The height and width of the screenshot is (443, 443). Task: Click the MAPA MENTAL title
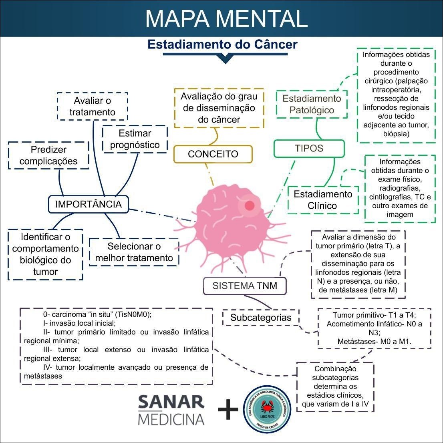coord(226,18)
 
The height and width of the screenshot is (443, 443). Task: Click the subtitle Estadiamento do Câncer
coord(222,44)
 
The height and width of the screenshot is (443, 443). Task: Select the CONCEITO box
coord(213,154)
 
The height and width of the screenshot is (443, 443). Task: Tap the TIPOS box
coord(309,148)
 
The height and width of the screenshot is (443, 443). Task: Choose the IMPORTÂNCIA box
coord(88,204)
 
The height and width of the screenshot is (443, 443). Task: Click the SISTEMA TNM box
coord(245,286)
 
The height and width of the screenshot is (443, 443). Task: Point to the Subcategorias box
coord(261,318)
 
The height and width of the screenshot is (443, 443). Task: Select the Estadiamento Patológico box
coord(312,104)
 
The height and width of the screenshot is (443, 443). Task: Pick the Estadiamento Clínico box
coord(323,200)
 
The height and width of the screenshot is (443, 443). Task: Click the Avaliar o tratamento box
coord(92,106)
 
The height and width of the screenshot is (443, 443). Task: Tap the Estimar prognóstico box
coord(135,139)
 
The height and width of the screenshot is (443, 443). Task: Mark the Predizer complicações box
coord(48,155)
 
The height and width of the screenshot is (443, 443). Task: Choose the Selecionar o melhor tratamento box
coord(134,252)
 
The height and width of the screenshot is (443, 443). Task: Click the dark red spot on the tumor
coord(250,205)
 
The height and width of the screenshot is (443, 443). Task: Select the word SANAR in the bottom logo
coord(171,402)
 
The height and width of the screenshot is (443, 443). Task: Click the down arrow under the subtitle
coord(226,58)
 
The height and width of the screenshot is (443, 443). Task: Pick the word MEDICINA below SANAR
coord(171,419)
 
